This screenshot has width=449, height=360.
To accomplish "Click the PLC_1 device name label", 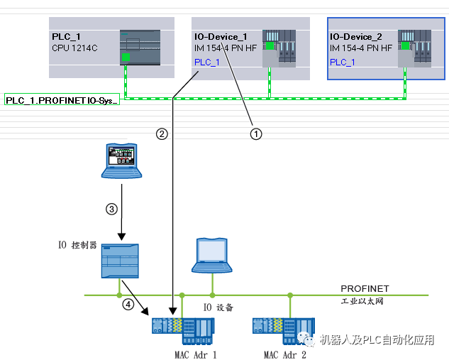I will tap(66, 36).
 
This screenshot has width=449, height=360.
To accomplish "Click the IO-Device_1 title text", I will tap(221, 36).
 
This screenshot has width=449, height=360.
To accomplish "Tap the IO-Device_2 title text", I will tap(357, 36).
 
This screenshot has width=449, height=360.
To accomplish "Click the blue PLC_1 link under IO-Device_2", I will tap(343, 62).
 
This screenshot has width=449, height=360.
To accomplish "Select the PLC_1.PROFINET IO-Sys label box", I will tap(62, 101).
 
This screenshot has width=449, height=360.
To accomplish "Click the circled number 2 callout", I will tap(162, 133).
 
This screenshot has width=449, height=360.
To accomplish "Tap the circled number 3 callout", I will tap(111, 209).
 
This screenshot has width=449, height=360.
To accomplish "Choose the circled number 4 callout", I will tap(128, 305).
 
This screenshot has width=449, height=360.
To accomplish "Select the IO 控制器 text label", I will tap(77, 246).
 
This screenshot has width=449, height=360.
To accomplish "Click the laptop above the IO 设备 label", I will tap(212, 256).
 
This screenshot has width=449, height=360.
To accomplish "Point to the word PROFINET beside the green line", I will tap(365, 289).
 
